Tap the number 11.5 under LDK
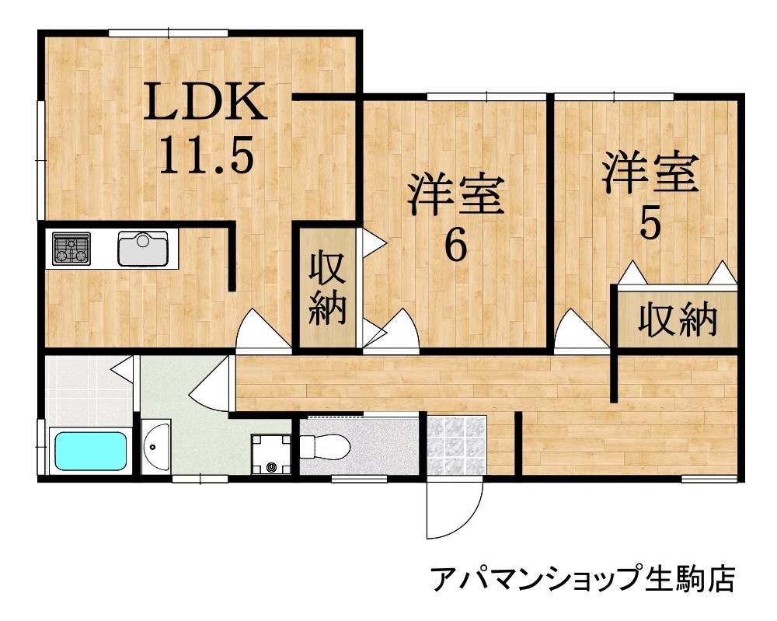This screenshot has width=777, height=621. [206, 154]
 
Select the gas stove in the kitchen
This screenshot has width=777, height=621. [71, 249]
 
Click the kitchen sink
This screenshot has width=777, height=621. [142, 249]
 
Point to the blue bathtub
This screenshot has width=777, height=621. [90, 451]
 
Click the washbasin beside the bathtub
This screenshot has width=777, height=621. [156, 447]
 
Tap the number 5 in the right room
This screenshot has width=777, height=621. [650, 225]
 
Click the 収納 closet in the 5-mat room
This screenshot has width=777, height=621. [678, 319]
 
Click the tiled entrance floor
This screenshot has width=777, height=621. [457, 446]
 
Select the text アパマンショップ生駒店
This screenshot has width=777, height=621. [582, 578]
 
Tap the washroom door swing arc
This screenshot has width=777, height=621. [211, 385]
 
